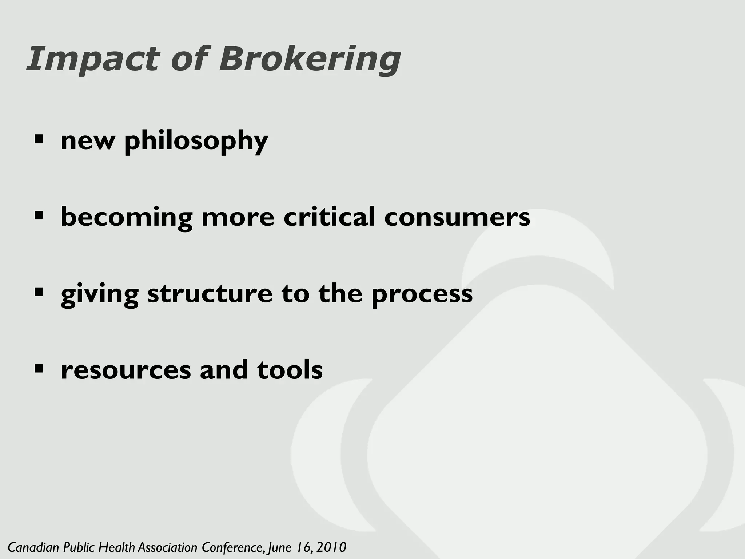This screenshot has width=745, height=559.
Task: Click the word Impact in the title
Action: pyautogui.click(x=93, y=59)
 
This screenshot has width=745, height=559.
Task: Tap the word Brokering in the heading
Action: pyautogui.click(x=310, y=59)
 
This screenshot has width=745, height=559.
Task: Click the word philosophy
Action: pyautogui.click(x=196, y=141)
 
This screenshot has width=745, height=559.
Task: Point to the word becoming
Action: pyautogui.click(x=127, y=218)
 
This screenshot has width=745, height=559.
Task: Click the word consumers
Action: pyautogui.click(x=457, y=218)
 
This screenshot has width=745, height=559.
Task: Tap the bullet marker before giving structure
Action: pyautogui.click(x=39, y=292)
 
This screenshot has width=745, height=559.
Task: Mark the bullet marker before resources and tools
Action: pyautogui.click(x=39, y=368)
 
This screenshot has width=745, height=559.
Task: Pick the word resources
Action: pyautogui.click(x=126, y=370)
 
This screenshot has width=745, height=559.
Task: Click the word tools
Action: pyautogui.click(x=290, y=370)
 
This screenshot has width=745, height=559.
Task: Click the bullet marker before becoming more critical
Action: pyautogui.click(x=39, y=215)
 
